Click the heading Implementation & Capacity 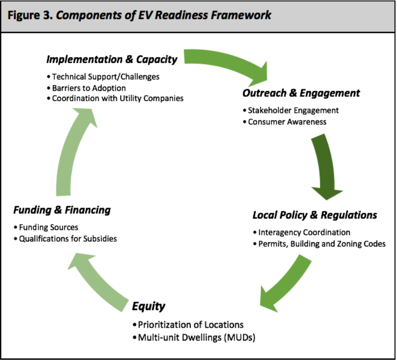coord(112,59)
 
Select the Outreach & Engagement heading coord(301,93)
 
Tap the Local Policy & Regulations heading coord(315,215)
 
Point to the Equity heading coord(149,306)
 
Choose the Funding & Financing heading coord(62,210)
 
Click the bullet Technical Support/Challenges coord(103,76)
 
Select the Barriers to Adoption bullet coord(86,88)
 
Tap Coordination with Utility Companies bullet coord(115,98)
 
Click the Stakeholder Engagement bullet coord(291,110)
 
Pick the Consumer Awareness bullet coord(285,122)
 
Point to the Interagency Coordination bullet coord(302,232)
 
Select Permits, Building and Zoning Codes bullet coord(319,243)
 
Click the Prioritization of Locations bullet coord(188,325)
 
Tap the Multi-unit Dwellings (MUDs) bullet coord(194,338)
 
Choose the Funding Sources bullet coord(46,227)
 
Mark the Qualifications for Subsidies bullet coord(65,238)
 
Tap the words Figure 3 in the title coord(30,15)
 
